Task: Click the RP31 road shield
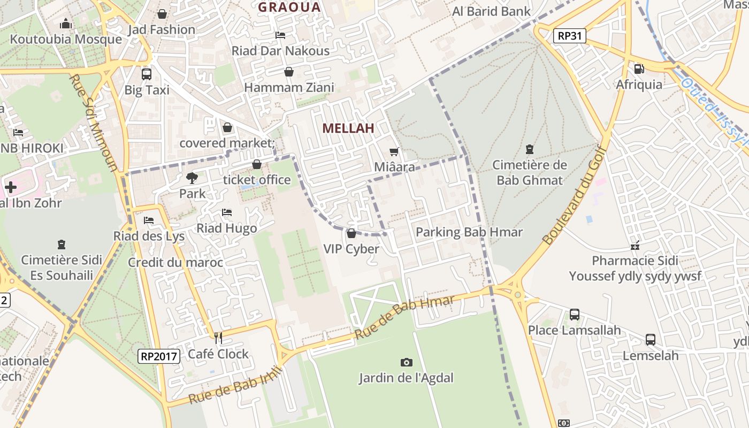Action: (x=570, y=36)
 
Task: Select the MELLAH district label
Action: (x=348, y=128)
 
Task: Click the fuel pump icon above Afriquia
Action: (x=639, y=68)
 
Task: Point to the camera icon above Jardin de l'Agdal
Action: (x=407, y=362)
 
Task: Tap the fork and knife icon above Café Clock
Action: (x=218, y=338)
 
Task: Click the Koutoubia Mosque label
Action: (x=66, y=39)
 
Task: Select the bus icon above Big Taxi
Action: (x=146, y=74)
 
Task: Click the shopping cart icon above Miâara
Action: (x=394, y=152)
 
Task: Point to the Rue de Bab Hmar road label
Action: (x=404, y=317)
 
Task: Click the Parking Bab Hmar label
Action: (x=469, y=232)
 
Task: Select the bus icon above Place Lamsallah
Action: (x=575, y=315)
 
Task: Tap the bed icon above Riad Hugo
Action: (x=227, y=212)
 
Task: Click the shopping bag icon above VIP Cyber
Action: (x=351, y=233)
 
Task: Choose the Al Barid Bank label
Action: (x=492, y=11)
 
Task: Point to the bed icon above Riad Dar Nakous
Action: (x=280, y=35)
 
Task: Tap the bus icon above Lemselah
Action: (x=651, y=340)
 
